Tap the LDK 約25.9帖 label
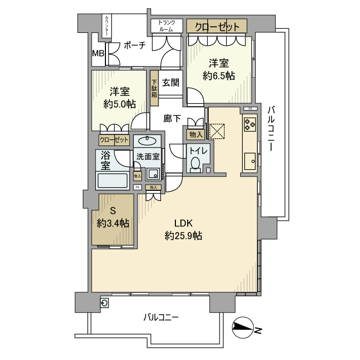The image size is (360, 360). click(183, 230)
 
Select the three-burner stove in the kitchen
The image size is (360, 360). click(249, 123)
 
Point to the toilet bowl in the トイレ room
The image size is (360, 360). click(195, 164)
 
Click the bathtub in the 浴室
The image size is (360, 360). click(112, 182)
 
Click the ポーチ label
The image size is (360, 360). click(135, 45)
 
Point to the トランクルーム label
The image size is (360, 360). click(167, 26)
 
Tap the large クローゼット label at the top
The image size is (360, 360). click(217, 26)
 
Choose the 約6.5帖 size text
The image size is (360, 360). click(219, 76)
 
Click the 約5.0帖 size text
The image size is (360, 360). click(119, 104)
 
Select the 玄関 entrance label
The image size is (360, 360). click(170, 82)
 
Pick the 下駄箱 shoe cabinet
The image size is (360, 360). click(154, 88)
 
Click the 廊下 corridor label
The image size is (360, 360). click(172, 118)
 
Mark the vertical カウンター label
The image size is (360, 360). click(106, 26)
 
